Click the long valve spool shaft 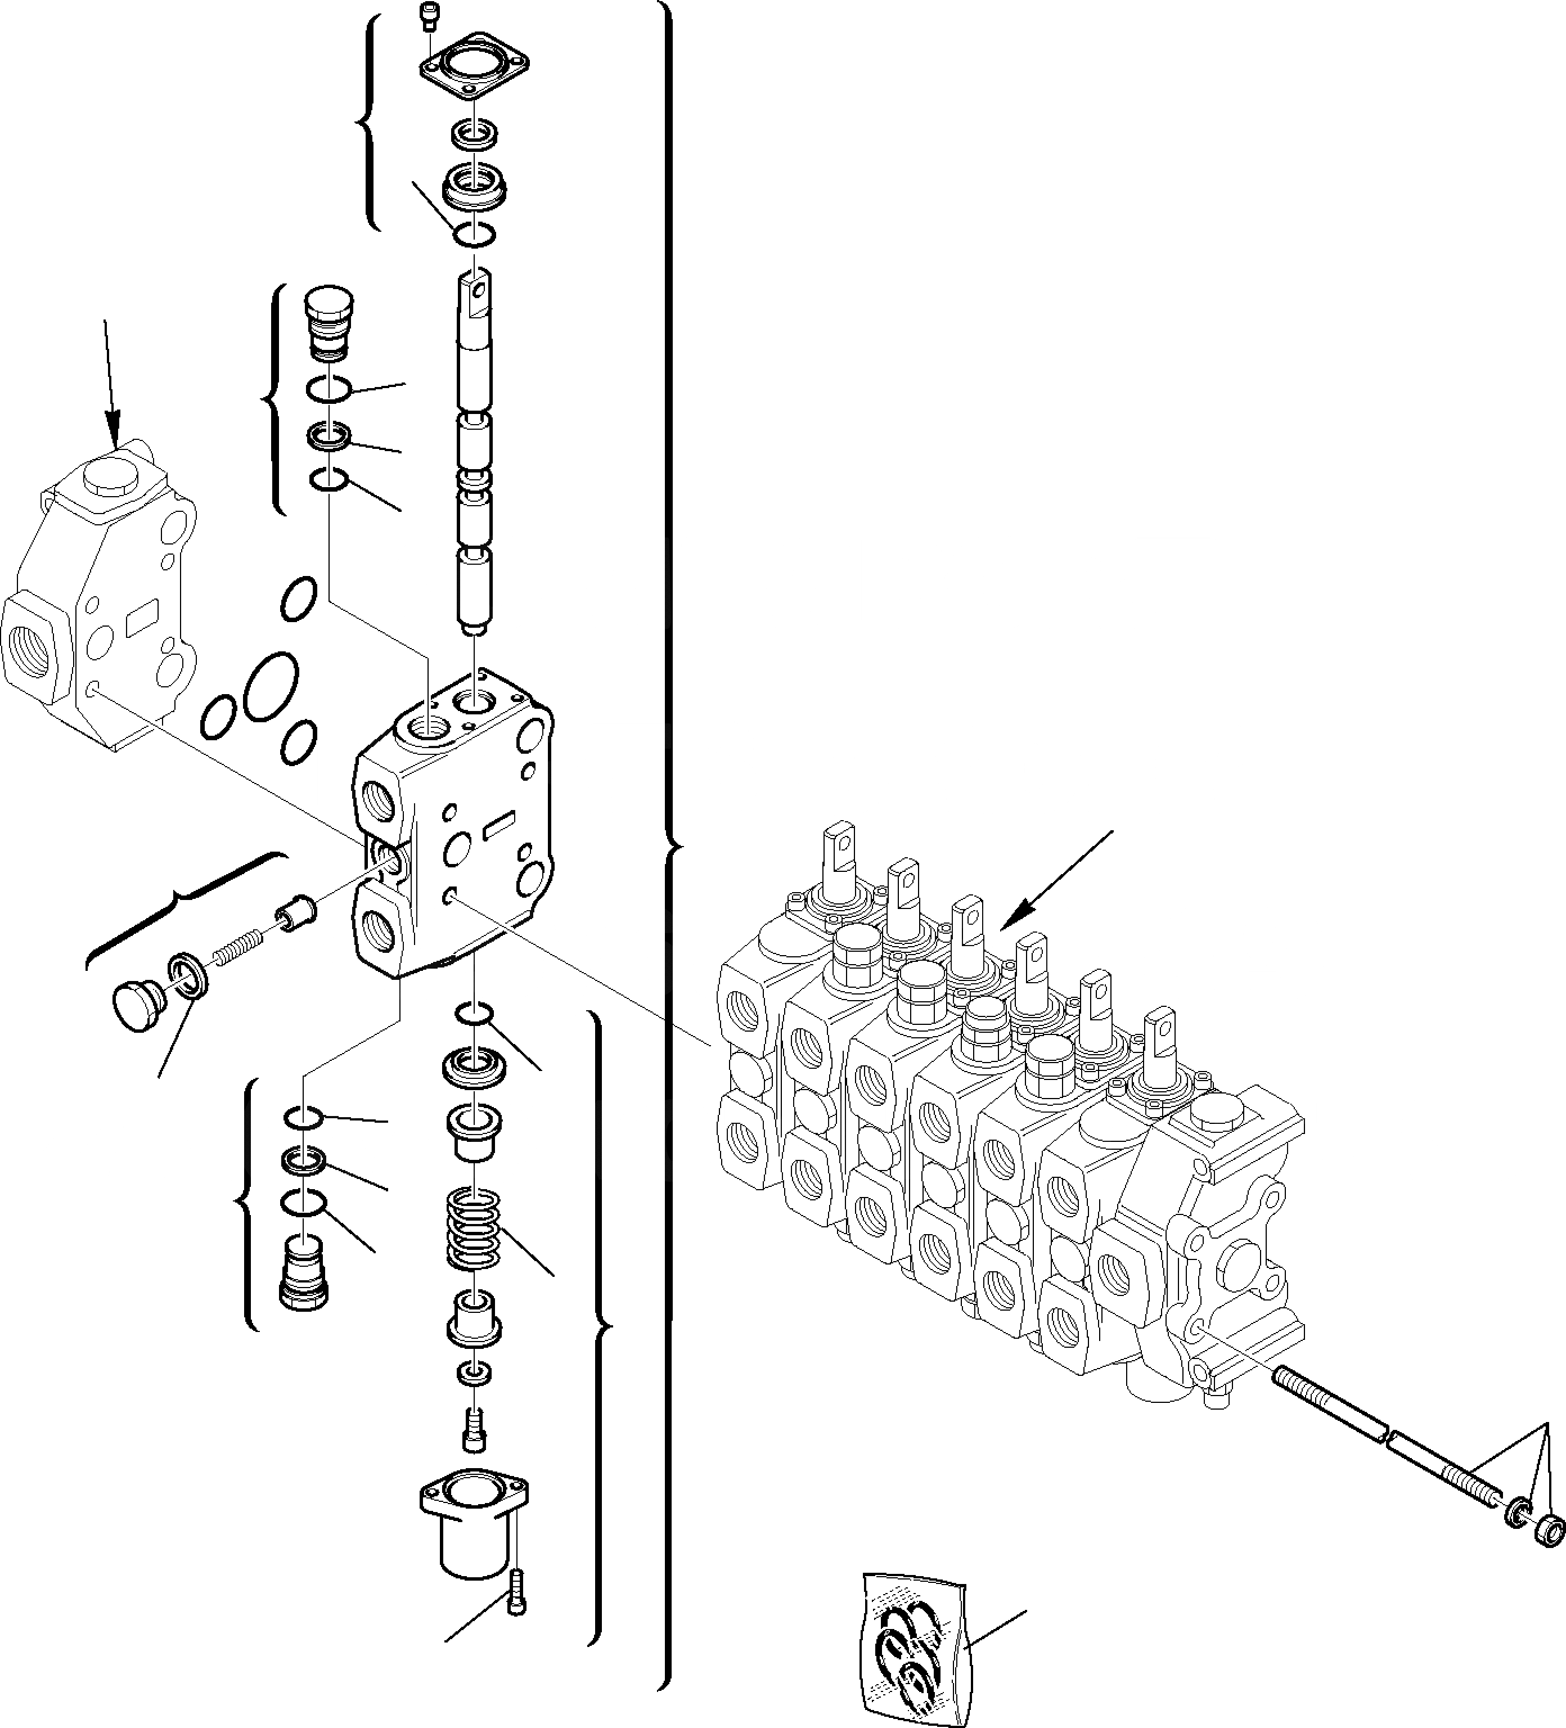[474, 454]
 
